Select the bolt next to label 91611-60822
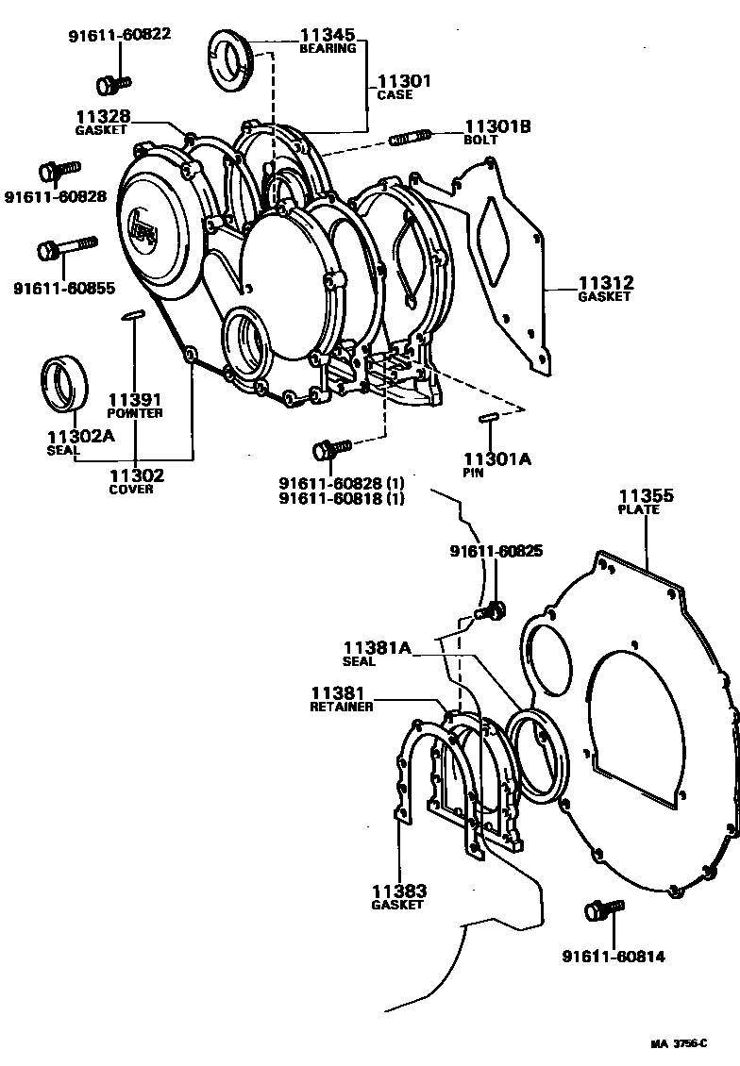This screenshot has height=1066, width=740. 113,82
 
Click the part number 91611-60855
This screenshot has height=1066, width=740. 56,287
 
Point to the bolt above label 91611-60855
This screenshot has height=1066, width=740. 66,248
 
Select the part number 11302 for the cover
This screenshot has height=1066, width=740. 136,475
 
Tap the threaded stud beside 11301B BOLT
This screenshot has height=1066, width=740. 411,138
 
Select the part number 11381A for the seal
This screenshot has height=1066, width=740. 378,647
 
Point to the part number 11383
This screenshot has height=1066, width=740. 398,891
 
